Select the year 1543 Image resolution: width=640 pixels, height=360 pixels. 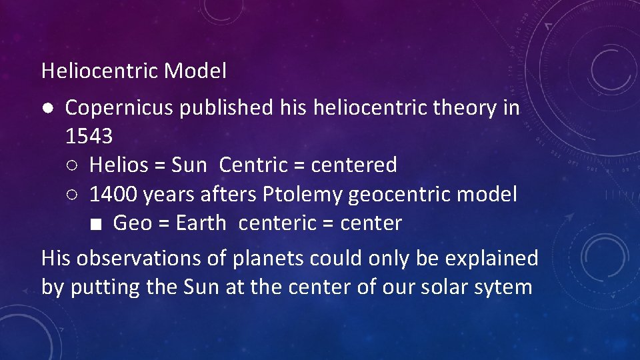point(89,136)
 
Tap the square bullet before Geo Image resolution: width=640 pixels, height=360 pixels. point(97,224)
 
